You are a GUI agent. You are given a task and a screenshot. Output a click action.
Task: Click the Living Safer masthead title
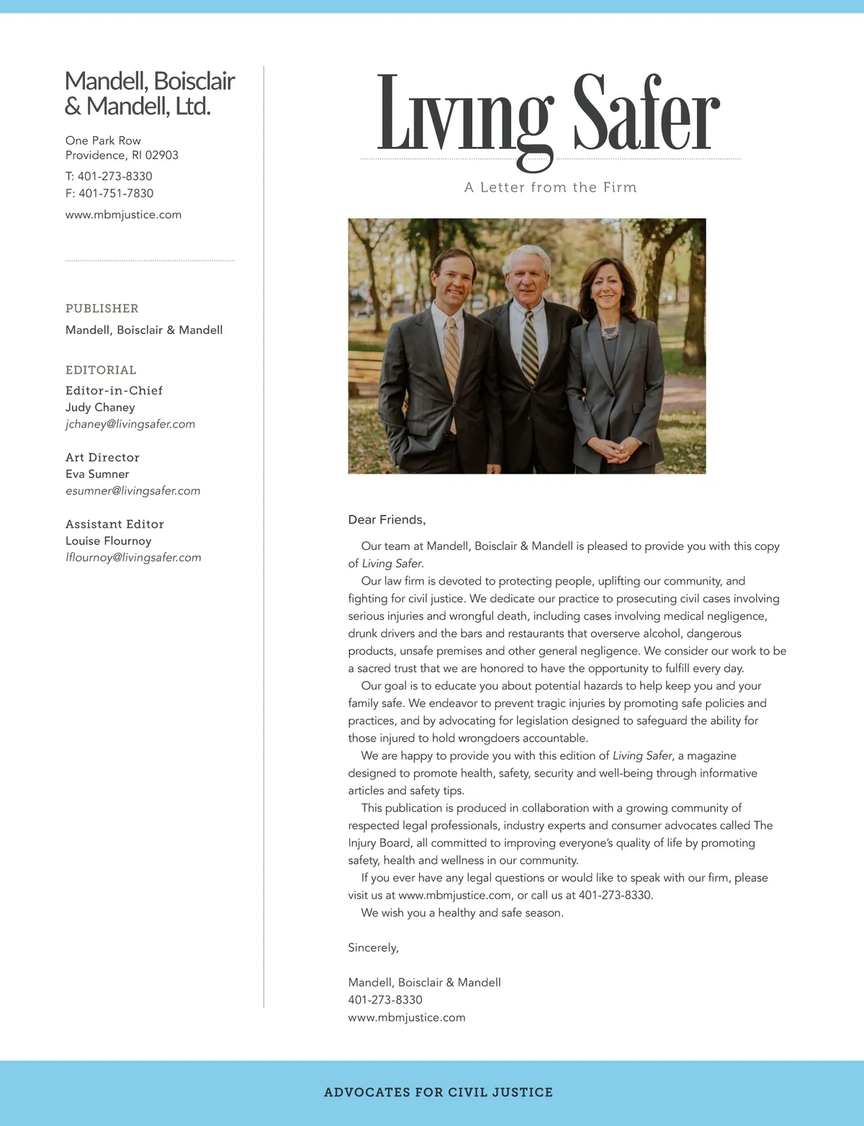549,115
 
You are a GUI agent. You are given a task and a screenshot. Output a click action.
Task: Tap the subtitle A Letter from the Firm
550,187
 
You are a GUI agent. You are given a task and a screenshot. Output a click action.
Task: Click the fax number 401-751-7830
109,193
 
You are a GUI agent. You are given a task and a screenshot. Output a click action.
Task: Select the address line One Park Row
103,140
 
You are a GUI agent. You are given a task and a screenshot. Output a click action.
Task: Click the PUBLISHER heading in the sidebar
102,308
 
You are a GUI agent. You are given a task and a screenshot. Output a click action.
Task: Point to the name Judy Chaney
100,407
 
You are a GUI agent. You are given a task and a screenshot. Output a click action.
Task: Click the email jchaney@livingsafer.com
130,424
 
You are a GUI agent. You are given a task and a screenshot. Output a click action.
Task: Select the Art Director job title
102,457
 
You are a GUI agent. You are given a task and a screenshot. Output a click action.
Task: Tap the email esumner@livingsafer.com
132,491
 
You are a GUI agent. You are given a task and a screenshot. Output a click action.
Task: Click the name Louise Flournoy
108,541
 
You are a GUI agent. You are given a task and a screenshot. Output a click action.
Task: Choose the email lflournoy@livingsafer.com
133,557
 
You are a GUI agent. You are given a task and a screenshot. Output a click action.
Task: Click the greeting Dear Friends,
387,520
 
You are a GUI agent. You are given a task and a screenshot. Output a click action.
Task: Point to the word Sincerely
373,947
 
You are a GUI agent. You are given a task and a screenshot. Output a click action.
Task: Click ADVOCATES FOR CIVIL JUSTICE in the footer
438,1092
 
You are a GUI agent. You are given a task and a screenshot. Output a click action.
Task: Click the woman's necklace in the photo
610,333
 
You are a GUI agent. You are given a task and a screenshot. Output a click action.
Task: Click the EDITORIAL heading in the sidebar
101,370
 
